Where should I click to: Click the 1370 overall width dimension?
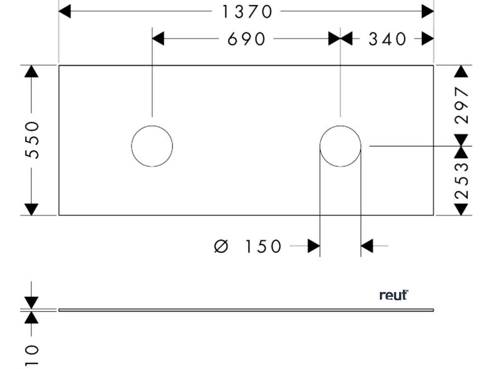247,12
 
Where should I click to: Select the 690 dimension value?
246,39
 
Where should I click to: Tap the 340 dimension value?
388,39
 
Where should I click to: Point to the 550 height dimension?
32,140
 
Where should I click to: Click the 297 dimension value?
462,105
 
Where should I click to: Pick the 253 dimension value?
462,181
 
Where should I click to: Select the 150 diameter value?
263,246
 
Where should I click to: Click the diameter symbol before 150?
221,246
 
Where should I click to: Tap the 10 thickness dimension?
32,355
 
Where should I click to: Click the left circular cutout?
152,146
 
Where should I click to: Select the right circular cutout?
340,146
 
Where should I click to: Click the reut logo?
394,295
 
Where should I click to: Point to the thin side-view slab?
246,310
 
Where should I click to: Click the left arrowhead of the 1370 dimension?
65,12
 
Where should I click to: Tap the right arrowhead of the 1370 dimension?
428,12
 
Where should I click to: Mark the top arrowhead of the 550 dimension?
32,71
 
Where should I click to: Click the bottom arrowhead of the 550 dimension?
32,209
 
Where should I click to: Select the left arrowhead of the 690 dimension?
158,39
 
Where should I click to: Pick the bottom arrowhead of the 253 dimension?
462,209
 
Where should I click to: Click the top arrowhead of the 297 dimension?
462,71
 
